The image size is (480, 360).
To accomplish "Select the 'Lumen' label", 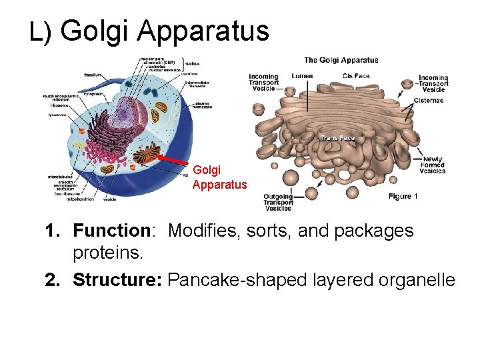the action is pos(302,76).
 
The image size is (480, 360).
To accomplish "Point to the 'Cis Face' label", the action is pos(356,76).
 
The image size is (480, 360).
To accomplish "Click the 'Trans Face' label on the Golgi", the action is pos(338,138).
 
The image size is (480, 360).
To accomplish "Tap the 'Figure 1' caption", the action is pos(403,196).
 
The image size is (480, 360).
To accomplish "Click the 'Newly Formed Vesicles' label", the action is pos(433,165).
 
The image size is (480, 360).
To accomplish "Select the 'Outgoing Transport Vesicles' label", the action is pos(278,202).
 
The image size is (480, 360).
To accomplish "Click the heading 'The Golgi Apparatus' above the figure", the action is pos(341,60).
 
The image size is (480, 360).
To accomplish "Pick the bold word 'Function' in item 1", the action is pos(112,231).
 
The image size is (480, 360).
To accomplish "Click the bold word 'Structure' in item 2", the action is pos(117,280).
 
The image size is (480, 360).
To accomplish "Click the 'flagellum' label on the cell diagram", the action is pos(93,75).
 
